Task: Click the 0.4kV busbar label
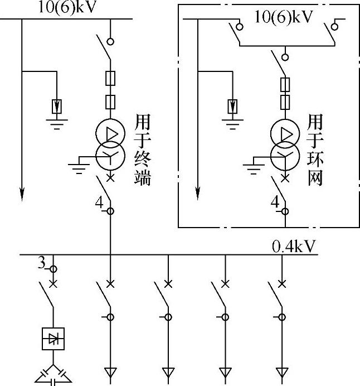tap(294, 246)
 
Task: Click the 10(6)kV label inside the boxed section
tap(284, 17)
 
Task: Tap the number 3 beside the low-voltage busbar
tap(41, 260)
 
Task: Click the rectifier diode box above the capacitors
tap(54, 339)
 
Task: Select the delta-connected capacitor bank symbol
tap(54, 375)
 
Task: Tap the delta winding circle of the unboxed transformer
tap(111, 133)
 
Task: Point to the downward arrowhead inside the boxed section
tap(197, 193)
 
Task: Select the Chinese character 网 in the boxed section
tap(315, 178)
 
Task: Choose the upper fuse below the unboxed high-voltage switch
tap(111, 78)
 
